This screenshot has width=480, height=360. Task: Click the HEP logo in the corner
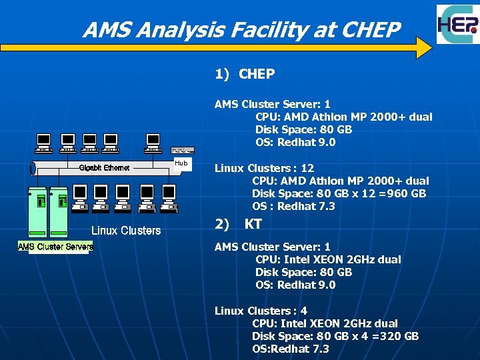tap(457, 25)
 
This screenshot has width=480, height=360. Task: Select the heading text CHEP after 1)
tap(257, 74)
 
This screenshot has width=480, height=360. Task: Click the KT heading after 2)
tap(253, 224)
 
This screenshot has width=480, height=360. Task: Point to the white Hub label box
tap(181, 163)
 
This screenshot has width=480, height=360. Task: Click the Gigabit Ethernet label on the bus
tap(105, 167)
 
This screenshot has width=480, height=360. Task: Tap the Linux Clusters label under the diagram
tap(125, 231)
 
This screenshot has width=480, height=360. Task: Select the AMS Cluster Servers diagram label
tap(55, 247)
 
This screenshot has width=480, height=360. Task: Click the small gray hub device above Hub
tap(183, 151)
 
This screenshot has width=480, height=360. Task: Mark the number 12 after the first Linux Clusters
tap(307, 168)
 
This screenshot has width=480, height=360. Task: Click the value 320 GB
tap(403, 336)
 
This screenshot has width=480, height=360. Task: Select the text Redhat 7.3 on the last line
tap(307, 349)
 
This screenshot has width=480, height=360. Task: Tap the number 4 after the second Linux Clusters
tap(304, 311)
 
